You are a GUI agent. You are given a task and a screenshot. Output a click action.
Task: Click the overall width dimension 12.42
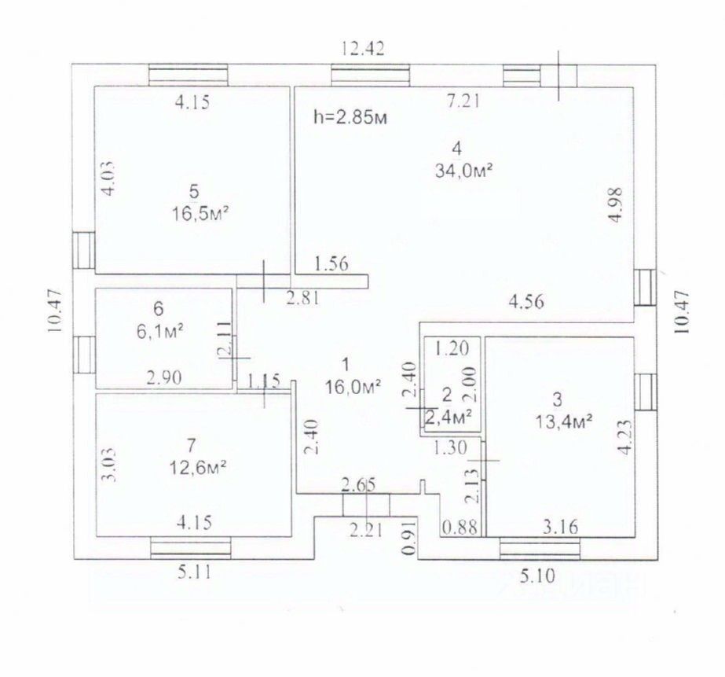(x=363, y=49)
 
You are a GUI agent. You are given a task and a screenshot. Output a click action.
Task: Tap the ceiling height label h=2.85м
(x=350, y=118)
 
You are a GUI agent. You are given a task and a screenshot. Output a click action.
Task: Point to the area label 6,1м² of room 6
(x=159, y=330)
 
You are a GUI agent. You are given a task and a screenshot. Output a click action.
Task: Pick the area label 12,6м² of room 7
(x=198, y=467)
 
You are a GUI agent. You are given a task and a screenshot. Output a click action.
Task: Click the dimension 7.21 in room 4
(x=463, y=100)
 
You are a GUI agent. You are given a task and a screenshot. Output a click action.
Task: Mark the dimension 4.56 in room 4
(x=527, y=300)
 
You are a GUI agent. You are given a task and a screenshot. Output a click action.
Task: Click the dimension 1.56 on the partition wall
(x=331, y=263)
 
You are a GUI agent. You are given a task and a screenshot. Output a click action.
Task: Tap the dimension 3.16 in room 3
(x=561, y=526)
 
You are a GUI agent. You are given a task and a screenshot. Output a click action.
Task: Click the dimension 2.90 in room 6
(x=165, y=377)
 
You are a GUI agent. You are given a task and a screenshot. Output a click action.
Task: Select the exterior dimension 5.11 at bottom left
(x=191, y=573)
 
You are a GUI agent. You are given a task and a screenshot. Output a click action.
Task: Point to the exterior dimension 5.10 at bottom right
(x=536, y=576)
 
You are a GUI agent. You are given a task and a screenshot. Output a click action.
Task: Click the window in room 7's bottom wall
(x=190, y=546)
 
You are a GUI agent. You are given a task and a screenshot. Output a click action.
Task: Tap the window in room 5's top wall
(x=189, y=75)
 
